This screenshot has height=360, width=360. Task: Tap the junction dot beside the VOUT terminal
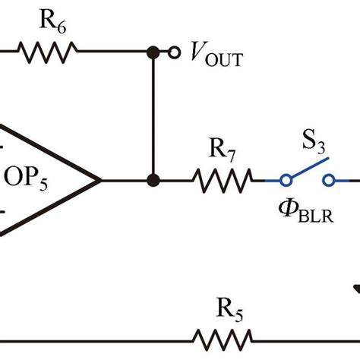[153, 52]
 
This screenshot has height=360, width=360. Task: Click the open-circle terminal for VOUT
[174, 52]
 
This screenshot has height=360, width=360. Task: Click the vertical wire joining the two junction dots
[153, 114]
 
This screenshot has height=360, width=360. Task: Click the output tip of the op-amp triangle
[100, 181]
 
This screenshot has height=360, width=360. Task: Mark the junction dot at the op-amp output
[153, 181]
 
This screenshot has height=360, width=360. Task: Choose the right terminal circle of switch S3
[329, 181]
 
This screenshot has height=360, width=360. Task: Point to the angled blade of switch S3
[308, 169]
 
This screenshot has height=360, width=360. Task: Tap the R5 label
[226, 309]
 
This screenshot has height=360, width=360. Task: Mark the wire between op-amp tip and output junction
[126, 181]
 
